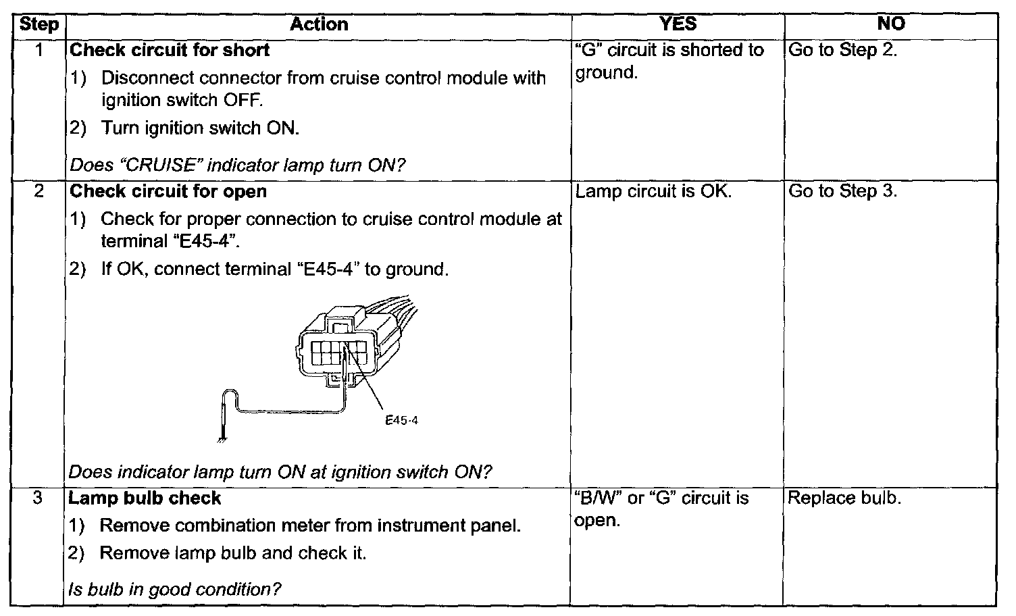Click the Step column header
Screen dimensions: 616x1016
click(39, 25)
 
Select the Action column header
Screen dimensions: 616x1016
click(319, 25)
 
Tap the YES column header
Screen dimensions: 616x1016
click(677, 25)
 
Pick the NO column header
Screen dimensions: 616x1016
click(890, 25)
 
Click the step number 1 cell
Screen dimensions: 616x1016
click(39, 50)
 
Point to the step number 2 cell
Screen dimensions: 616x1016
click(39, 192)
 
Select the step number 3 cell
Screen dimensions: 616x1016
click(38, 498)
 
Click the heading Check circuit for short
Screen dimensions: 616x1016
click(170, 51)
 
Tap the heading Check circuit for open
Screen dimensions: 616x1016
click(168, 192)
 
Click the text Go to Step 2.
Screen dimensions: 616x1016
click(842, 51)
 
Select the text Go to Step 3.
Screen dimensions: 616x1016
click(842, 192)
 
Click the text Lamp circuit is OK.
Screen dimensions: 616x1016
click(653, 192)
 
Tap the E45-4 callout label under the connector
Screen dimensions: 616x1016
click(401, 420)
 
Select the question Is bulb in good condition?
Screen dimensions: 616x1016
click(174, 590)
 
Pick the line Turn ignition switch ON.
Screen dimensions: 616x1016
click(199, 128)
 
